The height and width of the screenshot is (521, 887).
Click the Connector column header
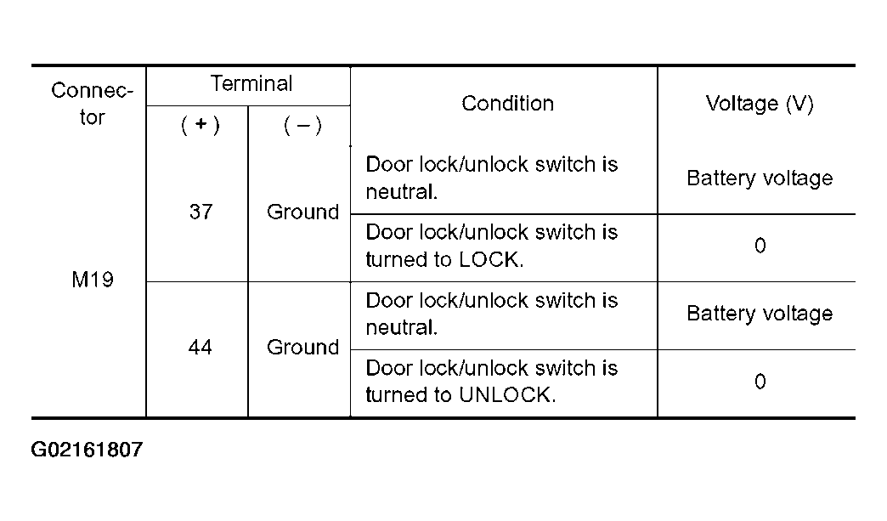pos(93,104)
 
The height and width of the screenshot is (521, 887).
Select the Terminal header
pos(251,84)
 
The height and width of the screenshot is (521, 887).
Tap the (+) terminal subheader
pos(201,125)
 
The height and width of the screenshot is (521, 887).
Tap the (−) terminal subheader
pos(302,125)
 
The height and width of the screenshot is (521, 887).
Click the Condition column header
pos(507,104)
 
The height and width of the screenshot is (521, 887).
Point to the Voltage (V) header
pos(760,104)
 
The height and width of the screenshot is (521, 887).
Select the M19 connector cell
pos(93,280)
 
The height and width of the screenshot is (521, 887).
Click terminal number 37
pos(201,212)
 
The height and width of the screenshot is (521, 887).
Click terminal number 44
pos(201,348)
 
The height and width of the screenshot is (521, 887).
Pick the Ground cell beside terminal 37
pos(302,212)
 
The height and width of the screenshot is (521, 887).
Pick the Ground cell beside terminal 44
pos(302,348)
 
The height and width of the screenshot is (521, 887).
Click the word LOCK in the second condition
pos(491,260)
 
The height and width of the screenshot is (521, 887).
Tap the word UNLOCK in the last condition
pos(507,395)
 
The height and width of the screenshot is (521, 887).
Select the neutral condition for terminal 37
pos(492,178)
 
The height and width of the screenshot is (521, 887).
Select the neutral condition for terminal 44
pos(492,314)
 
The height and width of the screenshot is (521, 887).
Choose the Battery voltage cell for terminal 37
pos(760,178)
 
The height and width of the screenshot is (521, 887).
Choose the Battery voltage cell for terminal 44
pos(760,314)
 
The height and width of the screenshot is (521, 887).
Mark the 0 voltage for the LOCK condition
pos(760,246)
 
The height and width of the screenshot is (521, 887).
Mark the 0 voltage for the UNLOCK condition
pos(760,382)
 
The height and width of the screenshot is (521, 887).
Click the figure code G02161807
pos(87,450)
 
